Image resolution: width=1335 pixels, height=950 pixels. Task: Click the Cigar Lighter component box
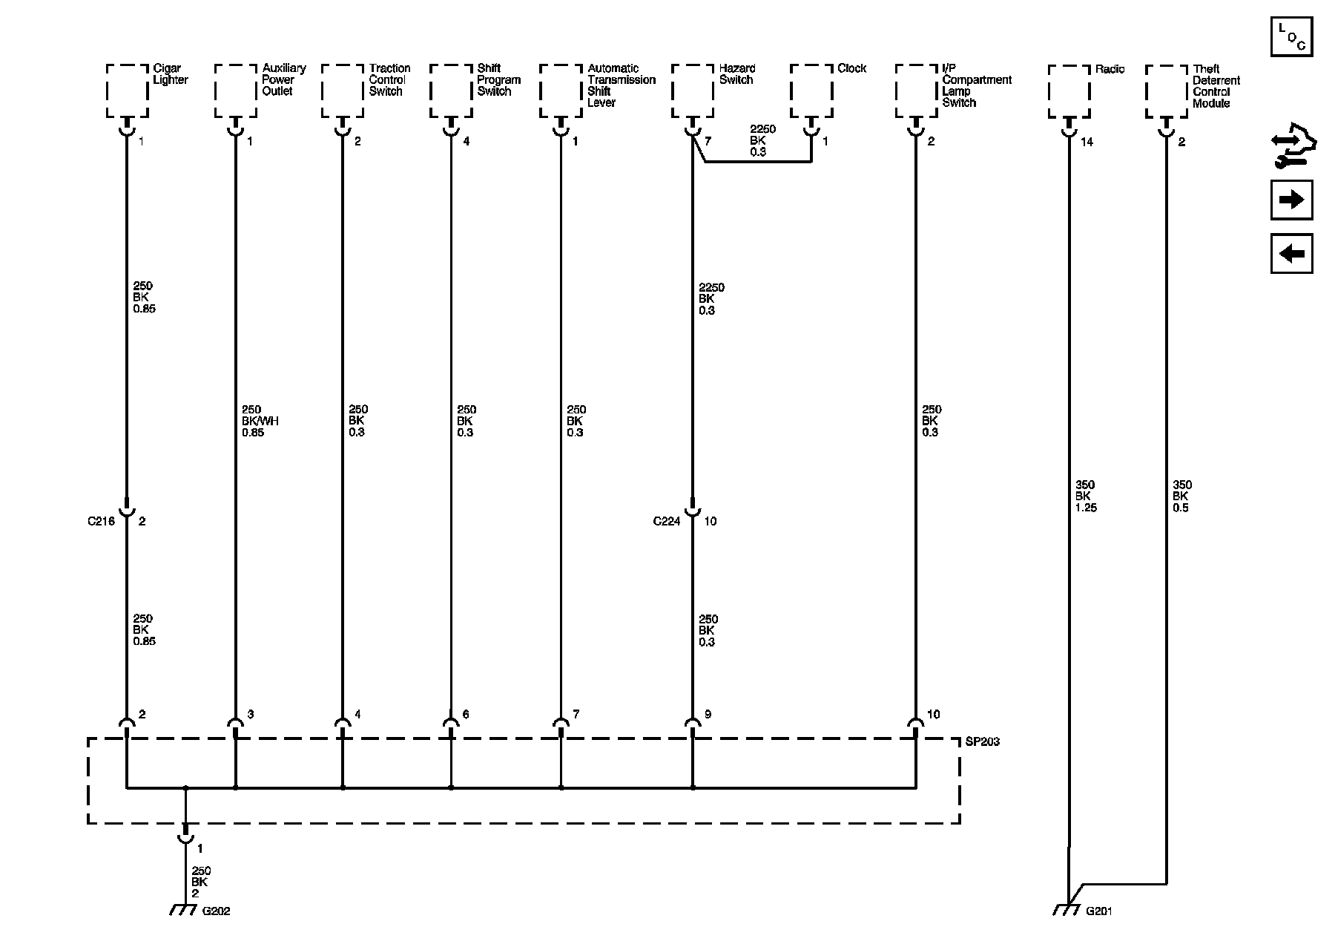pyautogui.click(x=127, y=90)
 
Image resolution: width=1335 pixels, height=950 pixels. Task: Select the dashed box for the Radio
pyautogui.click(x=1069, y=91)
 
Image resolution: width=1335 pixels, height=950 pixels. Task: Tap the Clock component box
pyautogui.click(x=811, y=90)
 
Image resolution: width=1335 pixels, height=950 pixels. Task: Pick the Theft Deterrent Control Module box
pyautogui.click(x=1166, y=91)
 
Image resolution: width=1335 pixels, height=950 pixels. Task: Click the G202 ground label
pyautogui.click(x=217, y=911)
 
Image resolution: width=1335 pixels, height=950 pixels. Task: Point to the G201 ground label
pyautogui.click(x=1099, y=911)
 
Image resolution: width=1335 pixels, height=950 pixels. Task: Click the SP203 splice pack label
pyautogui.click(x=983, y=741)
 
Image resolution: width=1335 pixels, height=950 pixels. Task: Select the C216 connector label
pyautogui.click(x=101, y=521)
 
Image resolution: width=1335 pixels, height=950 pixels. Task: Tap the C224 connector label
pyautogui.click(x=667, y=521)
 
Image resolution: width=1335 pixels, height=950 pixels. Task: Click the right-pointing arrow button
pyautogui.click(x=1291, y=200)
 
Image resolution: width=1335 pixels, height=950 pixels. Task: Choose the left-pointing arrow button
pyautogui.click(x=1291, y=254)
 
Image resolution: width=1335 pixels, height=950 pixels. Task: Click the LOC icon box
pyautogui.click(x=1291, y=36)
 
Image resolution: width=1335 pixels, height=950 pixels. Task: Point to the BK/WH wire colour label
pyautogui.click(x=260, y=421)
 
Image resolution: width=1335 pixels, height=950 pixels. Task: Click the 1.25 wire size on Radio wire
pyautogui.click(x=1086, y=508)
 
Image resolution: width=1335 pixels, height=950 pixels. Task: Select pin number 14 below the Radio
pyautogui.click(x=1087, y=142)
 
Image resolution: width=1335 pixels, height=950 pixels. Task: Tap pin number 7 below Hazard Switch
pyautogui.click(x=708, y=141)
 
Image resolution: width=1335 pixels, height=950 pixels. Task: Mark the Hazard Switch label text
pyautogui.click(x=737, y=74)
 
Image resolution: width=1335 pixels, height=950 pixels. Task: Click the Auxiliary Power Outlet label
pyautogui.click(x=284, y=79)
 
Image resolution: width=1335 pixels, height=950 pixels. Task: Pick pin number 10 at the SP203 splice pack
pyautogui.click(x=933, y=714)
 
